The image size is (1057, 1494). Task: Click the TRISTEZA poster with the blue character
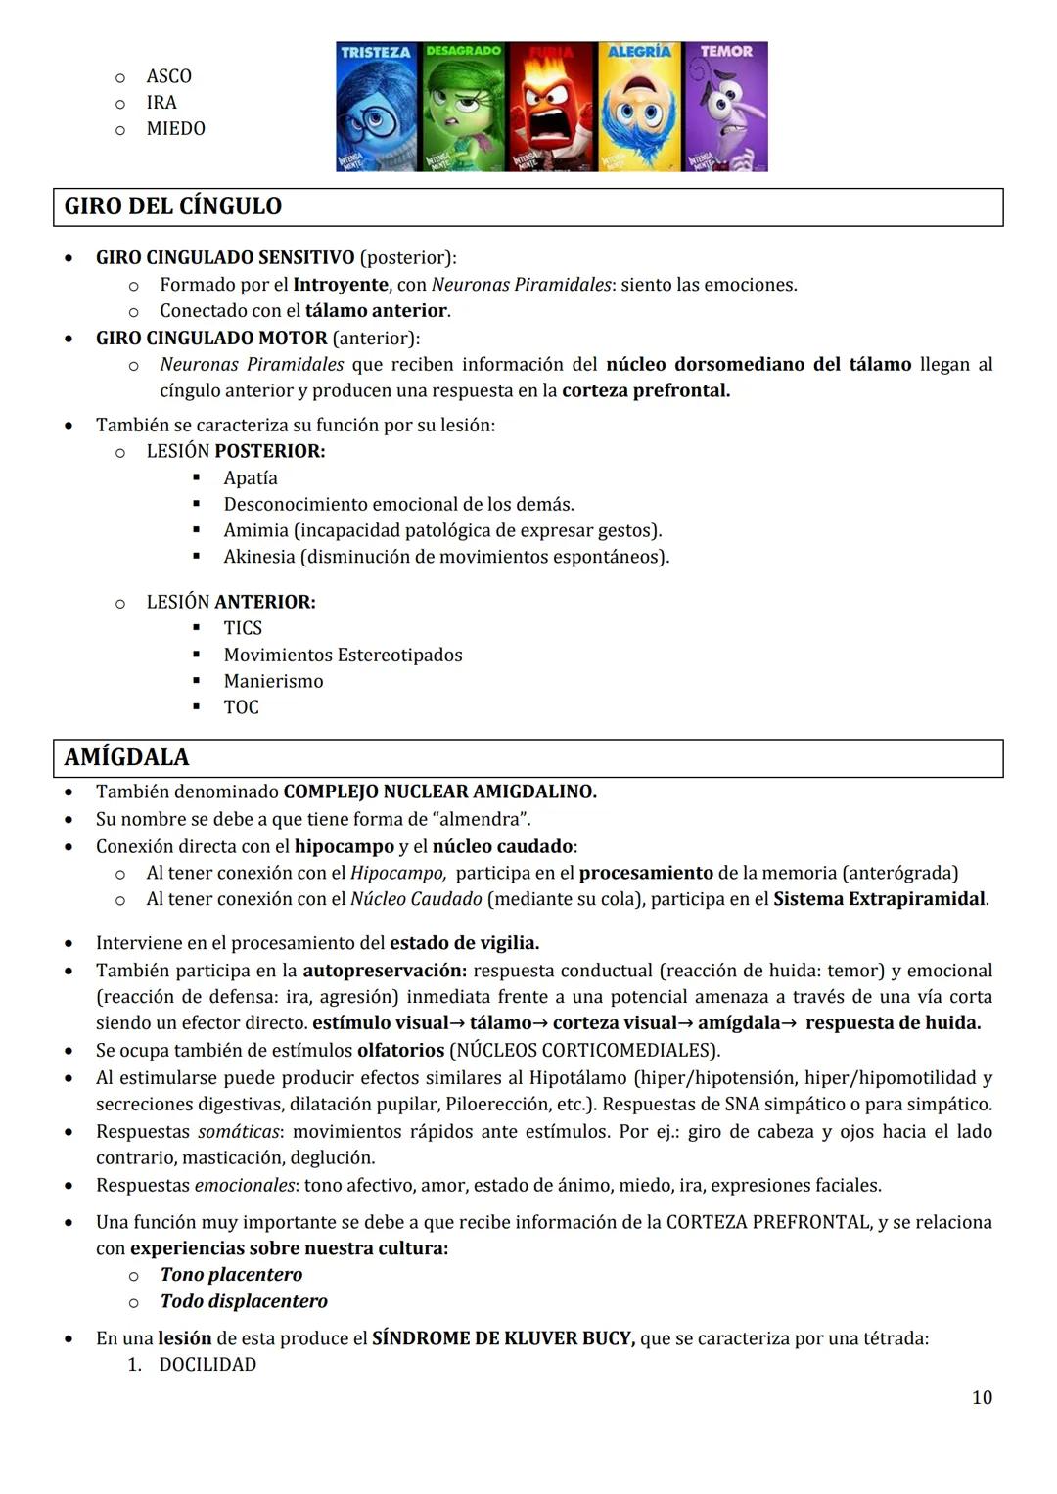point(378,108)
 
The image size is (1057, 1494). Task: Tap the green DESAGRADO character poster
point(464,108)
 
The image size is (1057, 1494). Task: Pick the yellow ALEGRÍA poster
point(639,108)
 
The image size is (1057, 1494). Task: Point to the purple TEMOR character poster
point(725,108)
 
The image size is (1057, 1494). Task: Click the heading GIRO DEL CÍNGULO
point(172,206)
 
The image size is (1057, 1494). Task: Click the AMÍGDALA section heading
point(126,757)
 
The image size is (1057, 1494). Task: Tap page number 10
point(982,1397)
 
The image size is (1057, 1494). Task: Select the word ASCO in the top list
point(168,76)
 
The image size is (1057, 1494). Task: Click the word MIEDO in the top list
point(175,129)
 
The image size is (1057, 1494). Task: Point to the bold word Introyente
point(341,285)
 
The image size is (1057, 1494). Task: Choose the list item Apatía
point(251,478)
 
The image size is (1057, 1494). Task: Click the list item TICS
point(243,628)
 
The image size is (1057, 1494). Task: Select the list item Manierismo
point(273,681)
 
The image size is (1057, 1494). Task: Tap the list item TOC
point(241,707)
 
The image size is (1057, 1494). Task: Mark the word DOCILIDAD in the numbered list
point(207,1365)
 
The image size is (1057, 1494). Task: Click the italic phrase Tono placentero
point(231,1275)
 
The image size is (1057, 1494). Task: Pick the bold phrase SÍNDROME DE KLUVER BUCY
point(503,1338)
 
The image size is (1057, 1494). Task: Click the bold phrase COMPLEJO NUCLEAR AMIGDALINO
point(439,792)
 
